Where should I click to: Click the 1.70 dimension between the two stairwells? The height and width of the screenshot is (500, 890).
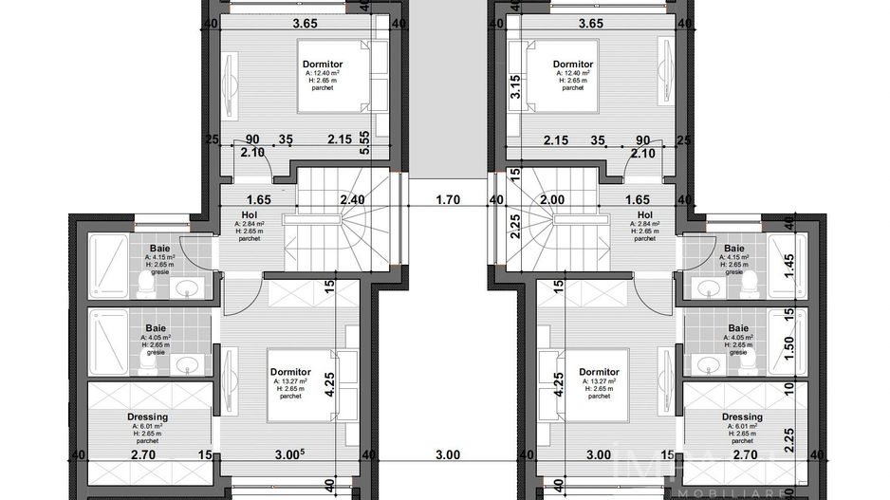448,200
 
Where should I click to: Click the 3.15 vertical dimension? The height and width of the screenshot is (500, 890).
516,88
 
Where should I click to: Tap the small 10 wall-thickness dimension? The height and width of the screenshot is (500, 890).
788,389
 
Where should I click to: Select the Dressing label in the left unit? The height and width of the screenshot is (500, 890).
147,417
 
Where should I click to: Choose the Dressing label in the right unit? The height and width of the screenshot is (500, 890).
741,417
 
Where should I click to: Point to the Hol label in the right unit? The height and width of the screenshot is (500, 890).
645,215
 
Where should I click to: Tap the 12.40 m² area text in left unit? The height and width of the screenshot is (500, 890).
323,72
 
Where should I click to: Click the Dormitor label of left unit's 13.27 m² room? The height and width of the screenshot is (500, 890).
289,372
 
